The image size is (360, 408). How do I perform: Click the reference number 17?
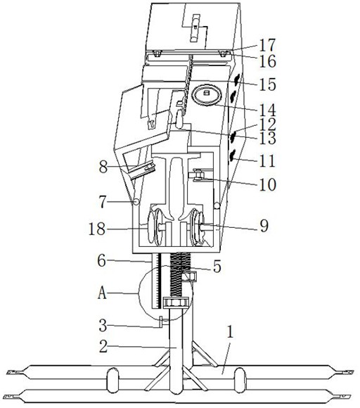(x=267, y=45)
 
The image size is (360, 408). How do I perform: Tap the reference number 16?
(x=268, y=61)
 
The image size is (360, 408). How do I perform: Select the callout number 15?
(x=267, y=84)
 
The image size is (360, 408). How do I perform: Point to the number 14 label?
(x=267, y=110)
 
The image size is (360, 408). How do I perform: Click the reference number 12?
(x=267, y=125)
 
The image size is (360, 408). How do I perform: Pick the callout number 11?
(x=267, y=161)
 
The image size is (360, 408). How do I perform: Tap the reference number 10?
(x=268, y=185)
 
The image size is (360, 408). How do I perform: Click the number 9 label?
(x=264, y=226)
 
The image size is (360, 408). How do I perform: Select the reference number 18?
(x=97, y=229)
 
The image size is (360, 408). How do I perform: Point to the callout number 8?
(x=103, y=167)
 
